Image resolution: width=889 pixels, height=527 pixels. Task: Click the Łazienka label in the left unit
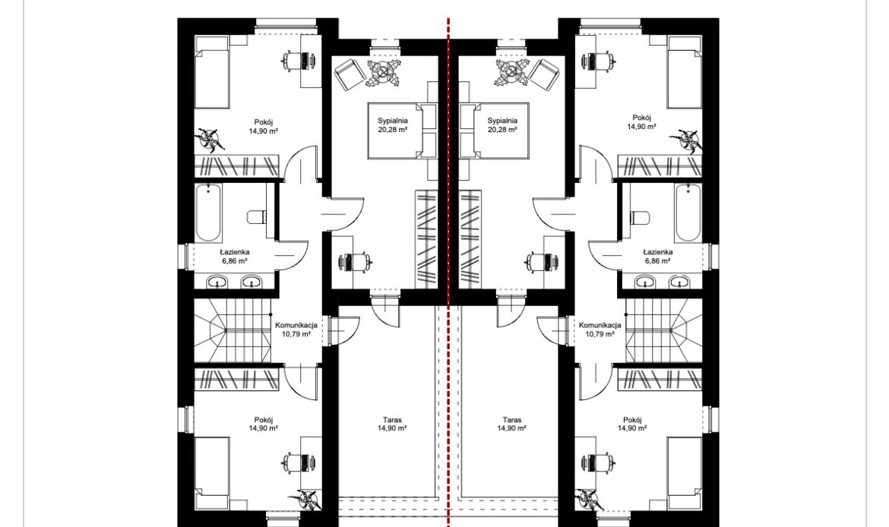235,252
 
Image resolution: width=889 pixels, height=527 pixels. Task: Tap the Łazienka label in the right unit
658,252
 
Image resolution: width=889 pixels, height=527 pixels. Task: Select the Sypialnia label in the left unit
393,121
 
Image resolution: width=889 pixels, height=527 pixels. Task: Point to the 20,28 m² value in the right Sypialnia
502,130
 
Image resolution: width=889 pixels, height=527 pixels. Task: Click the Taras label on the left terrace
392,421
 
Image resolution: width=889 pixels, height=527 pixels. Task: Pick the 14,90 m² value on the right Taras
511,429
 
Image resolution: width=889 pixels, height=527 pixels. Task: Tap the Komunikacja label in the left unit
296,326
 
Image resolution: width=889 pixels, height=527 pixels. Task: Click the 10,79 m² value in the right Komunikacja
600,334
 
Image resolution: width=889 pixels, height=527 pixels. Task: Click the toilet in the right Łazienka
641,217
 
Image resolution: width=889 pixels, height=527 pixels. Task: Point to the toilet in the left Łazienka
257,217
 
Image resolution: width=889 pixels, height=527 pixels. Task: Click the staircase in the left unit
232,330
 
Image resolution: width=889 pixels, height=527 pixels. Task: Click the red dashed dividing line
448,272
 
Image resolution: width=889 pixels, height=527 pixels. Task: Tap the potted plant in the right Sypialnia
513,73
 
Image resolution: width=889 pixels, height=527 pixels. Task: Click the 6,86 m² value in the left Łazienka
235,261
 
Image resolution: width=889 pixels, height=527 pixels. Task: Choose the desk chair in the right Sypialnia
534,260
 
